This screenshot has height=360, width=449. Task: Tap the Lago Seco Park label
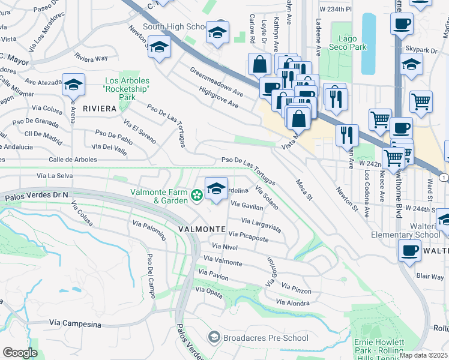[x=348, y=42]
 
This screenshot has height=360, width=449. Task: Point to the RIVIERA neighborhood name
[x=99, y=109]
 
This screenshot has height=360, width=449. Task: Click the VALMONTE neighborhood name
[x=201, y=229]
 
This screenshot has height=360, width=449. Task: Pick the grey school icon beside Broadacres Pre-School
[x=213, y=338]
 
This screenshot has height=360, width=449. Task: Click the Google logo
[x=20, y=352]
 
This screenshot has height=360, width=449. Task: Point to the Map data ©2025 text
[x=424, y=355]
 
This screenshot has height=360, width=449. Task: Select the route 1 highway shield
[x=443, y=178]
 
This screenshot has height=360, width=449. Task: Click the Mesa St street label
[x=304, y=189]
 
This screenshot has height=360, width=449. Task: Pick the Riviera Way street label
[x=91, y=58]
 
